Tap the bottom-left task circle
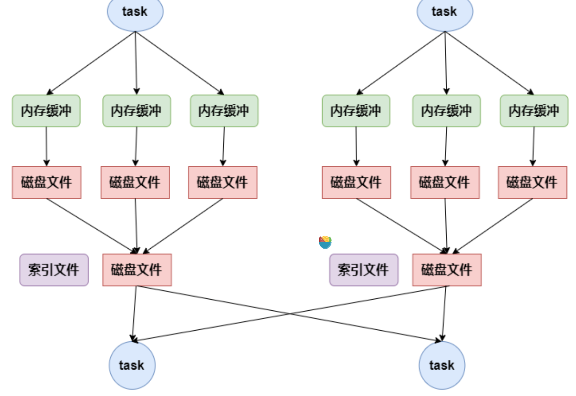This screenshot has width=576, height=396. coord(133,365)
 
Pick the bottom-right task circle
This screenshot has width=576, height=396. coord(442,365)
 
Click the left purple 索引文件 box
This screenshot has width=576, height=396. coord(54,270)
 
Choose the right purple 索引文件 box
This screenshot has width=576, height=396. coord(364,270)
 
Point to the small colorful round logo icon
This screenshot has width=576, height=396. coord(325,242)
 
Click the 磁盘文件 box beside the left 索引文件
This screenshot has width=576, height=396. coord(137,270)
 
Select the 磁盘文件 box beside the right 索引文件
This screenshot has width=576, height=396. coord(447,270)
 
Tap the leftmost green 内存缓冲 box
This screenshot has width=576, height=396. coord(46,111)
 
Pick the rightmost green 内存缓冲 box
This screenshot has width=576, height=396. coord(534,111)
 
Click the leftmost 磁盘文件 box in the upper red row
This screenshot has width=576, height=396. coord(47,182)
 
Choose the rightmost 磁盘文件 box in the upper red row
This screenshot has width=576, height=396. coord(532,182)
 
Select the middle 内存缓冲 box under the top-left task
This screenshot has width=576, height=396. coord(137,111)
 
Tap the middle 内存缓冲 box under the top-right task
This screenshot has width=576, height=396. coord(447,111)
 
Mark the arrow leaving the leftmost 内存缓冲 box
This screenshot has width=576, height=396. coord(46,146)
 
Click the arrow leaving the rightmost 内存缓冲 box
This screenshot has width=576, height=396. coord(533,146)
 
